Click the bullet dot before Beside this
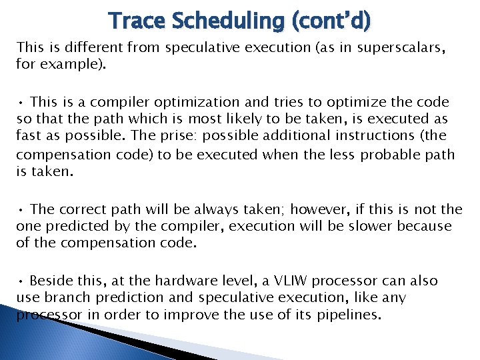click(x=21, y=281)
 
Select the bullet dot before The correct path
click(x=21, y=209)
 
